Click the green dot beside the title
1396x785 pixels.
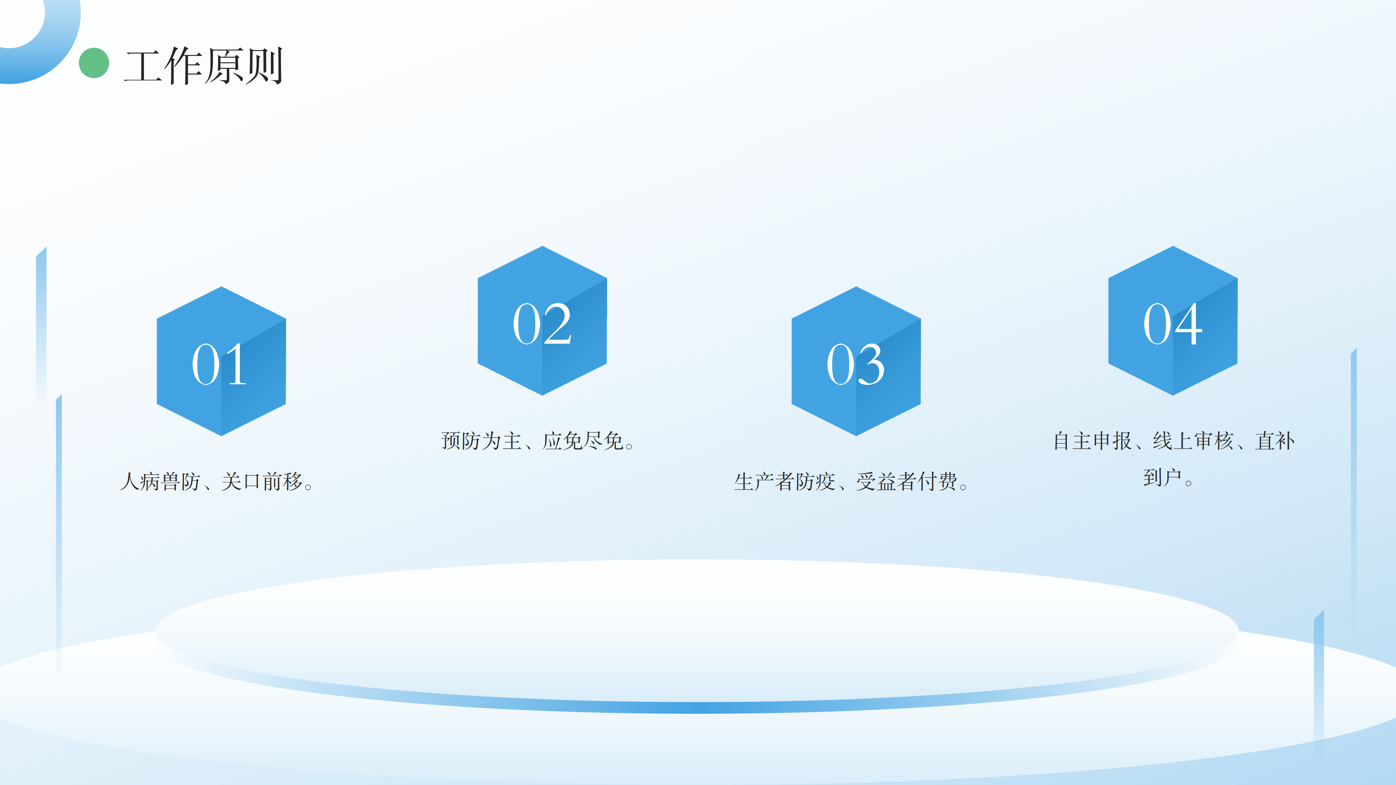pyautogui.click(x=94, y=63)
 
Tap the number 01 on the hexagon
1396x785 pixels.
pyautogui.click(x=220, y=365)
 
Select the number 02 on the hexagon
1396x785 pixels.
pyautogui.click(x=542, y=324)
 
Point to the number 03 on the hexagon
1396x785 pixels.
pyautogui.click(x=856, y=365)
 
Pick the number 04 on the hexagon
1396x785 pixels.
pyautogui.click(x=1173, y=324)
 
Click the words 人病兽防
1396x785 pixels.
pyautogui.click(x=160, y=481)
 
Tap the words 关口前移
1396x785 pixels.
pyautogui.click(x=262, y=481)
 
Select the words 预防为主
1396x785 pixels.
pyautogui.click(x=481, y=440)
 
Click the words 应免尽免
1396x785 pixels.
pyautogui.click(x=583, y=440)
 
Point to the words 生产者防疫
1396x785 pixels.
pyautogui.click(x=785, y=481)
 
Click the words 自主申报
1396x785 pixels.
pyautogui.click(x=1092, y=440)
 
